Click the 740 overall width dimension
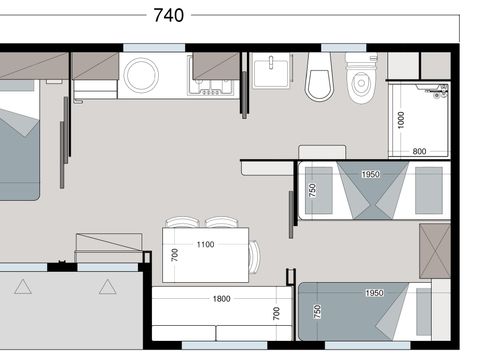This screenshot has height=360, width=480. point(169,15)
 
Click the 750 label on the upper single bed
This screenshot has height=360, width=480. point(312,190)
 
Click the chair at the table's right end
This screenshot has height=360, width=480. point(256,256)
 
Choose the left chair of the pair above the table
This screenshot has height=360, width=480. point(181,223)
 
